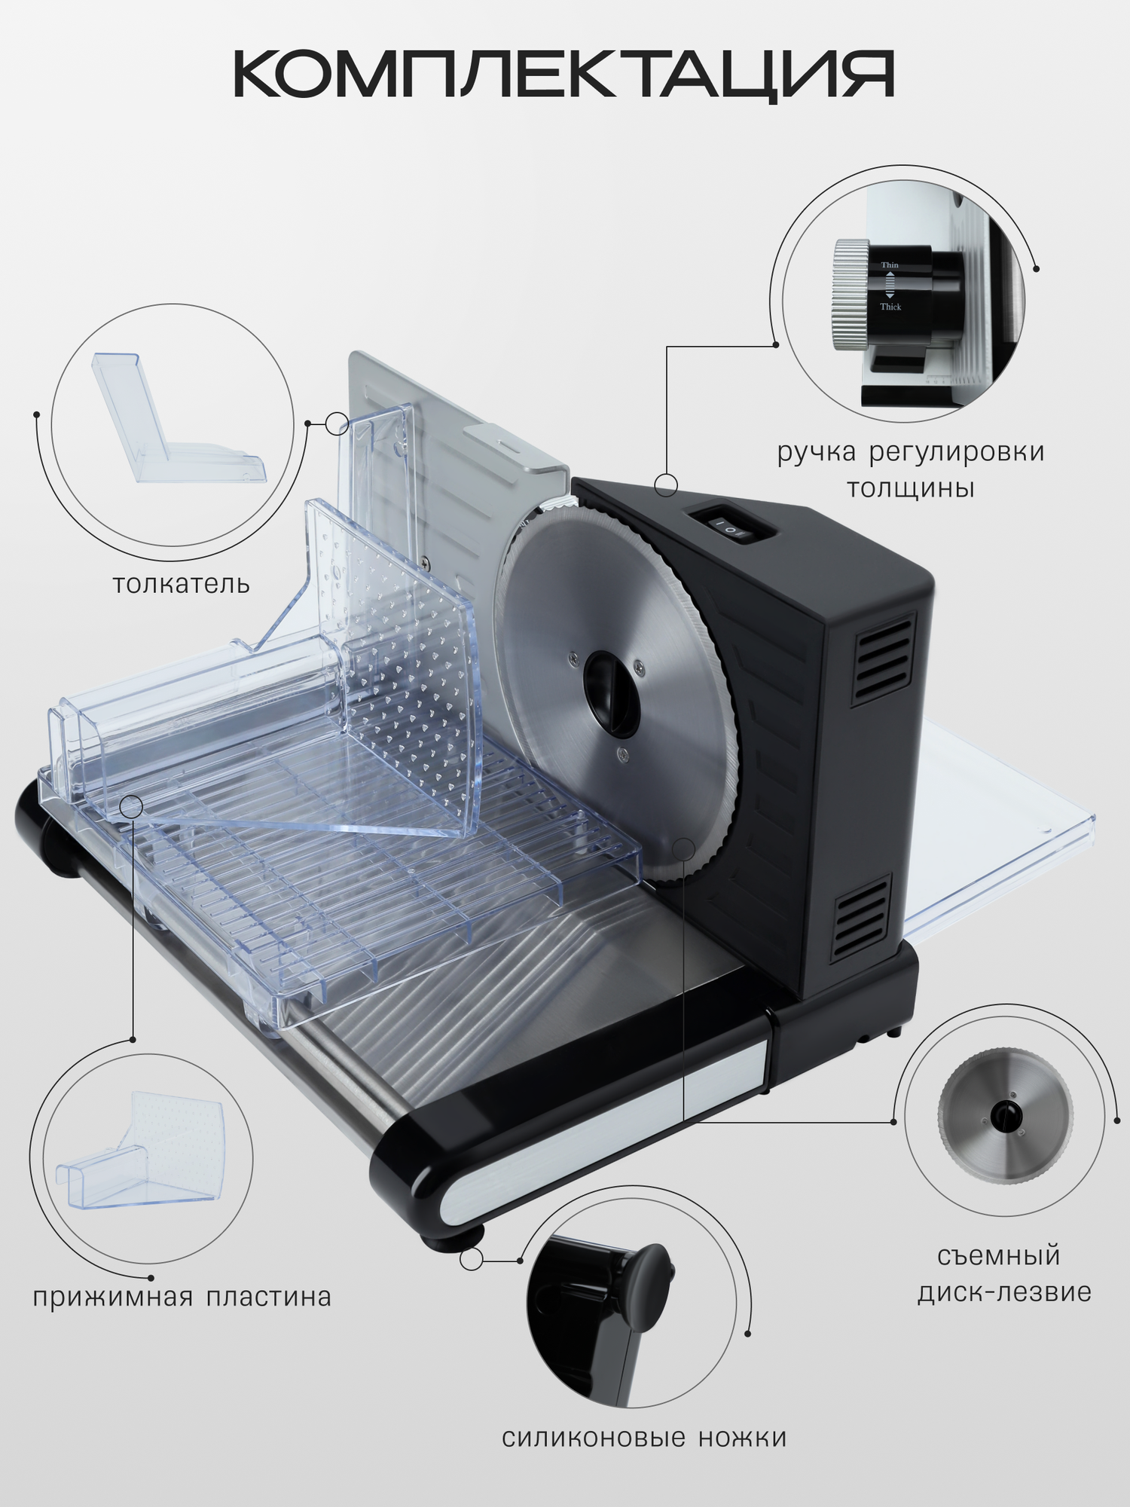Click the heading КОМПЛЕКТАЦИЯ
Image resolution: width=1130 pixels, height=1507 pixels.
pyautogui.click(x=563, y=75)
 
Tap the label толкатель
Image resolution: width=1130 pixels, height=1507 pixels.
pyautogui.click(x=181, y=585)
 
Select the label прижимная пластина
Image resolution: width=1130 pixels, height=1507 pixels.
pyautogui.click(x=182, y=1298)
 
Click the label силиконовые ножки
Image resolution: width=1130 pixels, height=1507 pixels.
pyautogui.click(x=644, y=1438)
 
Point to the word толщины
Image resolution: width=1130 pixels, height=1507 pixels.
pyautogui.click(x=911, y=488)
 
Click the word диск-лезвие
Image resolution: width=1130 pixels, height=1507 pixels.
pyautogui.click(x=1004, y=1292)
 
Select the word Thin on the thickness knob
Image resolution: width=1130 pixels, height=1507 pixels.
pyautogui.click(x=890, y=265)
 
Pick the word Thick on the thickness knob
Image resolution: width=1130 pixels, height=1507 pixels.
pyautogui.click(x=890, y=307)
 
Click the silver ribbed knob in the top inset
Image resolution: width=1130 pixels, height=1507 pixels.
pyautogui.click(x=851, y=295)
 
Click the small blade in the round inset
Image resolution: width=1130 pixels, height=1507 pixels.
pyautogui.click(x=1005, y=1116)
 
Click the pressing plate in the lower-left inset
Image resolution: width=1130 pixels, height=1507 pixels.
pyautogui.click(x=143, y=1156)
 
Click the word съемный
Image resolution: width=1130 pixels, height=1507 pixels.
pyautogui.click(x=999, y=1256)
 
